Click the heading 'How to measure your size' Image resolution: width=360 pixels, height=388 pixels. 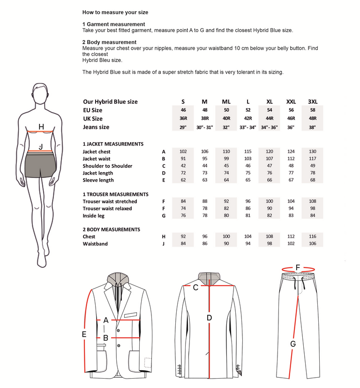tap(115, 12)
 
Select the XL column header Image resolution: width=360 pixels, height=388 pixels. tap(270, 102)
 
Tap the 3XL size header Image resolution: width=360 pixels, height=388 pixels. tap(313, 102)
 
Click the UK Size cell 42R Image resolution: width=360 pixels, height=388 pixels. tap(248, 119)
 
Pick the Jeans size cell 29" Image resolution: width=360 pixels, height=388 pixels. tap(183, 127)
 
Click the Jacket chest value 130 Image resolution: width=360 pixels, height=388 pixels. tap(313, 152)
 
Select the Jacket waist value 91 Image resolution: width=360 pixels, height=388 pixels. tap(183, 159)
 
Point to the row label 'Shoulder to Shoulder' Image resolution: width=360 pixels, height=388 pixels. tap(107, 166)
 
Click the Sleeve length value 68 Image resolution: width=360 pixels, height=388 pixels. tap(313, 180)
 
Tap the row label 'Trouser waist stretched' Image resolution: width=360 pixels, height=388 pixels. tap(110, 202)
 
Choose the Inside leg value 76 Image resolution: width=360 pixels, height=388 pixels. tap(183, 216)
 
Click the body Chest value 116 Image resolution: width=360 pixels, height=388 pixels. tap(313, 237)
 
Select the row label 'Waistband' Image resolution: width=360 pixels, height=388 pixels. tap(95, 244)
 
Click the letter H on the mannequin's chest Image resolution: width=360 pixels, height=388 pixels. tap(41, 127)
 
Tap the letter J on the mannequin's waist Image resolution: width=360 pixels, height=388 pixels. tap(41, 147)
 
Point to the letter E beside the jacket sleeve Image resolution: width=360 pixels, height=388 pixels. tap(84, 335)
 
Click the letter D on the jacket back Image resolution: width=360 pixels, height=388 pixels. tap(209, 318)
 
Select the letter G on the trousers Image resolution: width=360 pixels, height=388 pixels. tap(293, 344)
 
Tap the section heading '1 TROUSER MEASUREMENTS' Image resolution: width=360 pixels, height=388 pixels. tap(115, 194)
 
